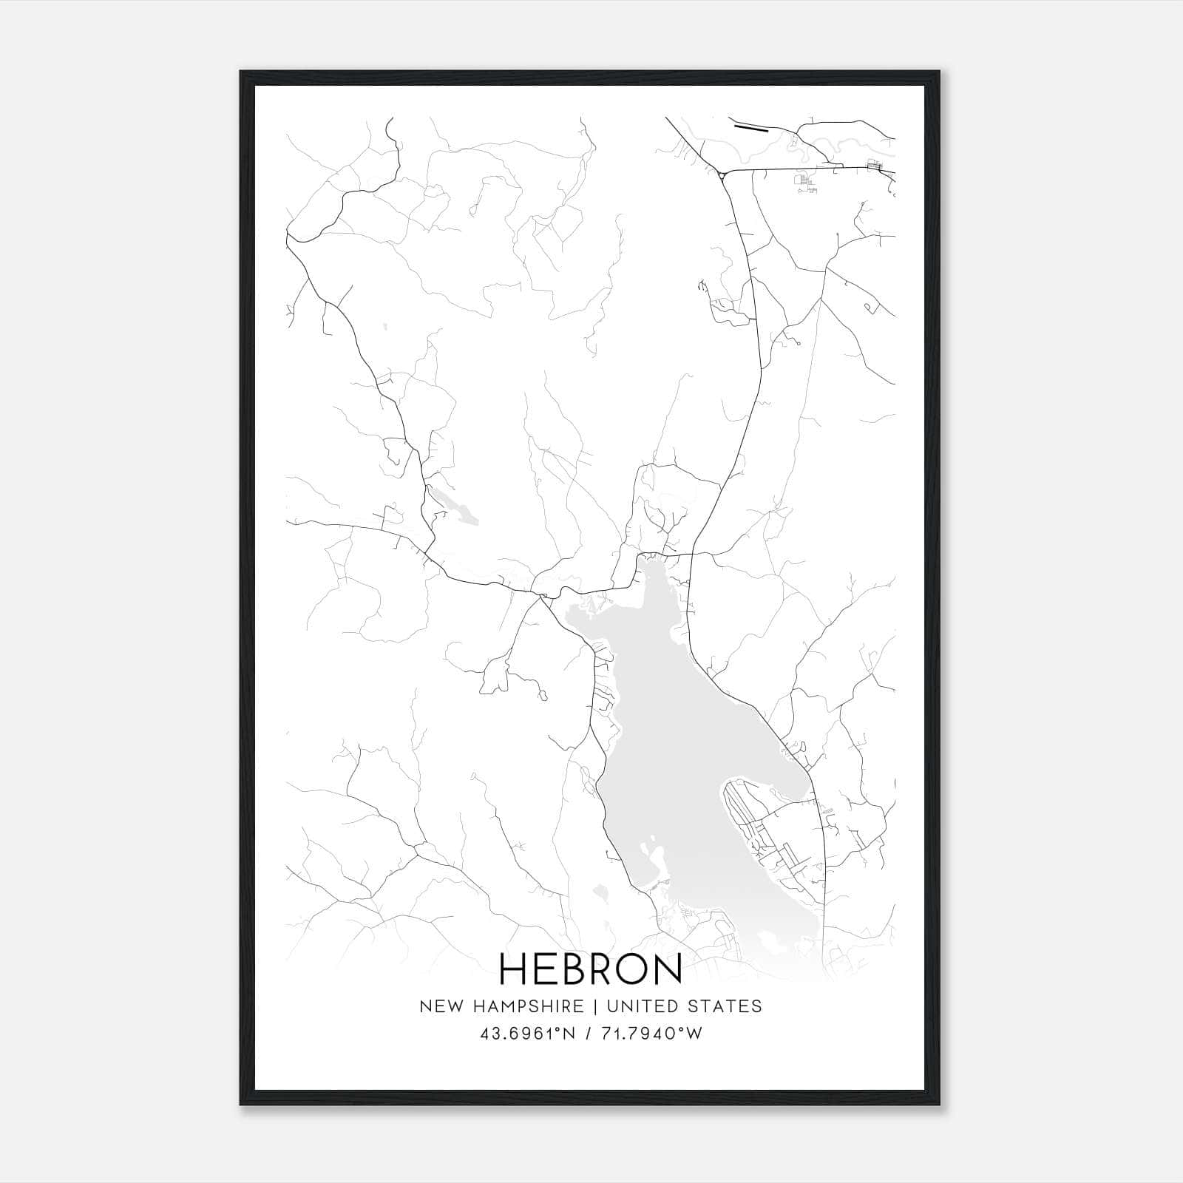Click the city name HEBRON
click(x=591, y=968)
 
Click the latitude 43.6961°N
click(x=527, y=1034)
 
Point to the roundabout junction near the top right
click(x=721, y=174)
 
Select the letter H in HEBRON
click(x=512, y=968)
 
